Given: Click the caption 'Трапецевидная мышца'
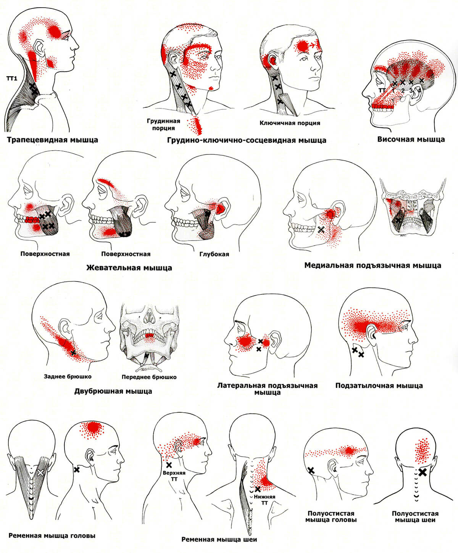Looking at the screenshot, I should coord(52,140).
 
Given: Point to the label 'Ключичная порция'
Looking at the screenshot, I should coord(290,123).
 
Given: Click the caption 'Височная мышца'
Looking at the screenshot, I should coord(411,139).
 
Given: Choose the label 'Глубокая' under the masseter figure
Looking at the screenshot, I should coord(214,254).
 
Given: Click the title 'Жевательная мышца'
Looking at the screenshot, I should coord(129,268).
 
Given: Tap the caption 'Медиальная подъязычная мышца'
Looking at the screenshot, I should coord(373,265).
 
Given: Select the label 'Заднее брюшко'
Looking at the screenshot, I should coord(68,376).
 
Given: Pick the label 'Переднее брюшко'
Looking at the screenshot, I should coord(149,377).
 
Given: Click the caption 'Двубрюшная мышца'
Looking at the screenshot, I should coord(113,391).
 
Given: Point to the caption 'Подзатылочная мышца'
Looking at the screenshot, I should coord(379,386).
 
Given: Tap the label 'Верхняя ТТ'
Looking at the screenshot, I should coord(174,476).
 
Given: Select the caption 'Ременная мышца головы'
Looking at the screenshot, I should coord(52,535).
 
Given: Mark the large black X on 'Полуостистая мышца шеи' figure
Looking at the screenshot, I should coord(422,473).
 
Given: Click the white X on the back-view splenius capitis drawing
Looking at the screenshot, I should coord(41,472).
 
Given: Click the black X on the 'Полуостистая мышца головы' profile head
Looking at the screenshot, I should coord(311,471).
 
